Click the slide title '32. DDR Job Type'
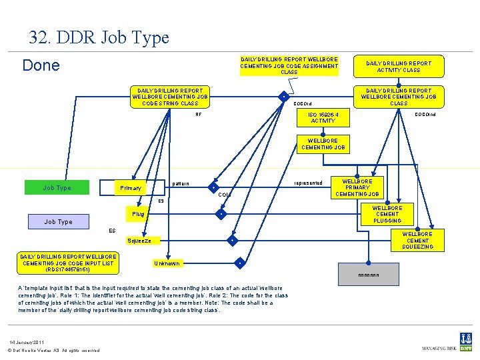pyautogui.click(x=99, y=37)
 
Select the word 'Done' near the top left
pyautogui.click(x=41, y=65)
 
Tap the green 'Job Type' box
pyautogui.click(x=57, y=188)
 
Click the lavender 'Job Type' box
pyautogui.click(x=58, y=221)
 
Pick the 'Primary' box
pyautogui.click(x=131, y=188)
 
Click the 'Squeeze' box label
pyautogui.click(x=139, y=241)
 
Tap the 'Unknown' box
pyautogui.click(x=167, y=263)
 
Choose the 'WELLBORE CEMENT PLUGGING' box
pyautogui.click(x=387, y=214)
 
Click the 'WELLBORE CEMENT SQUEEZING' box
pyautogui.click(x=417, y=241)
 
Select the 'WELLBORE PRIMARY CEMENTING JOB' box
pyautogui.click(x=357, y=188)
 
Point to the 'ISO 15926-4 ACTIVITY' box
pyautogui.click(x=323, y=118)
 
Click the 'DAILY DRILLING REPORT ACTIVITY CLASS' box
pyautogui.click(x=399, y=67)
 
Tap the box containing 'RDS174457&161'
pyautogui.click(x=68, y=263)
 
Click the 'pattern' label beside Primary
pyautogui.click(x=180, y=184)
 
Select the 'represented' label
pyautogui.click(x=308, y=183)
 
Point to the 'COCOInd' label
pyautogui.click(x=425, y=115)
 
